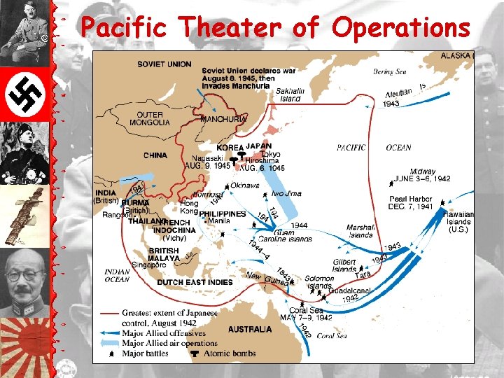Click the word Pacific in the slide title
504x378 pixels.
(x=124, y=27)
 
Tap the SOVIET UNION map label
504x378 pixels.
(x=164, y=64)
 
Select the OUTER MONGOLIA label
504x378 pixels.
(x=149, y=118)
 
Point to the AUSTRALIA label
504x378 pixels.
(x=250, y=328)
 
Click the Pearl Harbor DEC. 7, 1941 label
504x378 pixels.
(x=411, y=203)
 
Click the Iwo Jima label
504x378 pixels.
(x=286, y=193)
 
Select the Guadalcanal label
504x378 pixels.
(x=340, y=290)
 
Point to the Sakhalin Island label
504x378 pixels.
(x=289, y=94)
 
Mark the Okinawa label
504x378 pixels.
(x=245, y=185)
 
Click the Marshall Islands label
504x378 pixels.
(x=360, y=231)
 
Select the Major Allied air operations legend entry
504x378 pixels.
(x=169, y=343)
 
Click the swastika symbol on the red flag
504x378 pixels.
(x=21, y=94)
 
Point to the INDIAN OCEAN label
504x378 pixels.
(x=117, y=275)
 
